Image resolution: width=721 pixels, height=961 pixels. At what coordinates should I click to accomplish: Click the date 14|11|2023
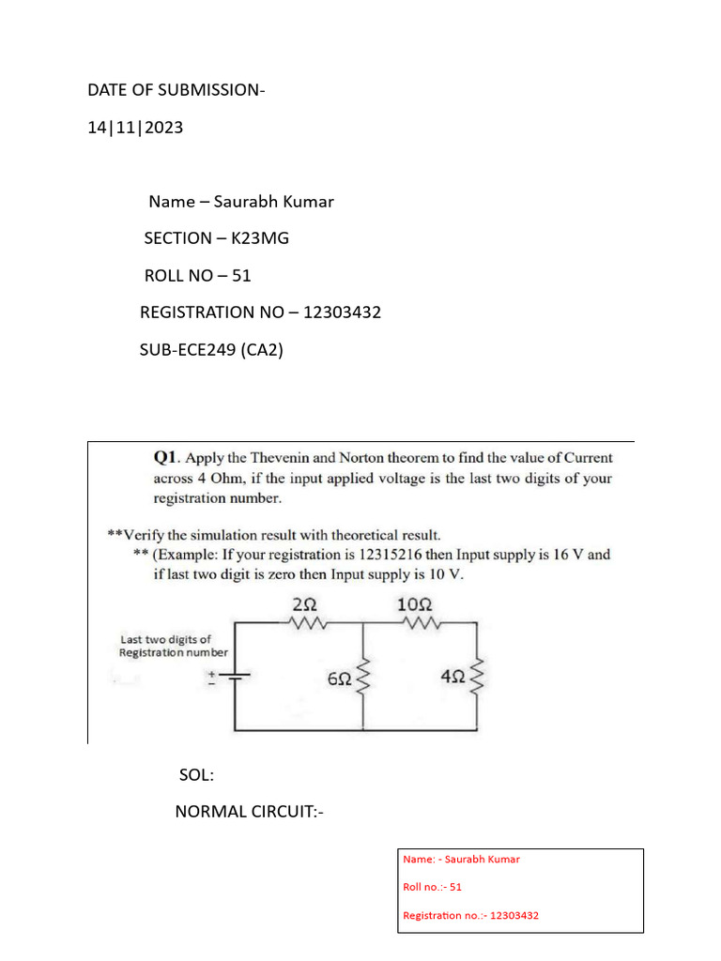pos(135,128)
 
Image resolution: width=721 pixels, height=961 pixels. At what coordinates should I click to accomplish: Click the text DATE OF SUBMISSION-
pos(176,90)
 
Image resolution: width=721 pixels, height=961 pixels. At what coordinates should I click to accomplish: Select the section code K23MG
pos(260,238)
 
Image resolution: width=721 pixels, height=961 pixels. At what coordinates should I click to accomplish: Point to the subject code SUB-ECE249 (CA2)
pos(211,350)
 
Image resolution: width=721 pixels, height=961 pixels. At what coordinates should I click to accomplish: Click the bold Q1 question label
pos(166,458)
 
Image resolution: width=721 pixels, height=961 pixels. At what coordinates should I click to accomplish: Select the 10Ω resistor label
pos(415,606)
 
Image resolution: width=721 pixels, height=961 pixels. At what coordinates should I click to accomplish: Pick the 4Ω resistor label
pos(453,676)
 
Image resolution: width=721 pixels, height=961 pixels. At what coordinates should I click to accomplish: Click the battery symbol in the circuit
pos(233,677)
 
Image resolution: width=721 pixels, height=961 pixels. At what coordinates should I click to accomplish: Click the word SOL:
pos(196,775)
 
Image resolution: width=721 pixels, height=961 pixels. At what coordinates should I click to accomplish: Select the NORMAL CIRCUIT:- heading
pos(250,811)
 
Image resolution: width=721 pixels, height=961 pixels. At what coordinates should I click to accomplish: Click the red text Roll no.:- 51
pos(433,887)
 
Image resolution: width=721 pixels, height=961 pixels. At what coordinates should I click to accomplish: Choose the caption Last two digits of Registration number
pos(174,646)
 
